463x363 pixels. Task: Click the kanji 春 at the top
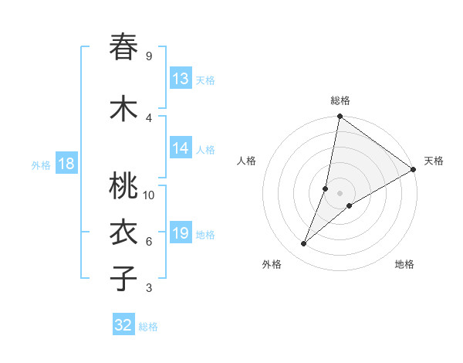(x=123, y=47)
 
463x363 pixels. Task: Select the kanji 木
(x=123, y=108)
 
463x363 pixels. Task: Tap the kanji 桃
(x=123, y=186)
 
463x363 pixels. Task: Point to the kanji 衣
(x=123, y=233)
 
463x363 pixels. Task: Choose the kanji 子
(x=123, y=279)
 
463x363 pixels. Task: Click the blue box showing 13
(x=181, y=79)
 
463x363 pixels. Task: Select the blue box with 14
(x=181, y=149)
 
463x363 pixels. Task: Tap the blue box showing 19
(x=181, y=233)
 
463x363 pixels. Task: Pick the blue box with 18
(x=66, y=164)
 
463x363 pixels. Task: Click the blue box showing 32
(x=123, y=325)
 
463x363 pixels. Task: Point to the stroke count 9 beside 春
(x=148, y=56)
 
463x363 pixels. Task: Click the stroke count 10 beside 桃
(x=149, y=195)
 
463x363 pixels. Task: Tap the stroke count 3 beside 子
(x=148, y=288)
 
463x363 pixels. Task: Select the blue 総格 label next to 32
(x=148, y=327)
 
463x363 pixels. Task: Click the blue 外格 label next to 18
(x=41, y=165)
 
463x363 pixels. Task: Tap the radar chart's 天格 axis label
(x=434, y=161)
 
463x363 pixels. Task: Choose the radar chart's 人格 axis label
(x=246, y=161)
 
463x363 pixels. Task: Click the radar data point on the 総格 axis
(x=340, y=117)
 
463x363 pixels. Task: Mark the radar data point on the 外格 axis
(x=304, y=244)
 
